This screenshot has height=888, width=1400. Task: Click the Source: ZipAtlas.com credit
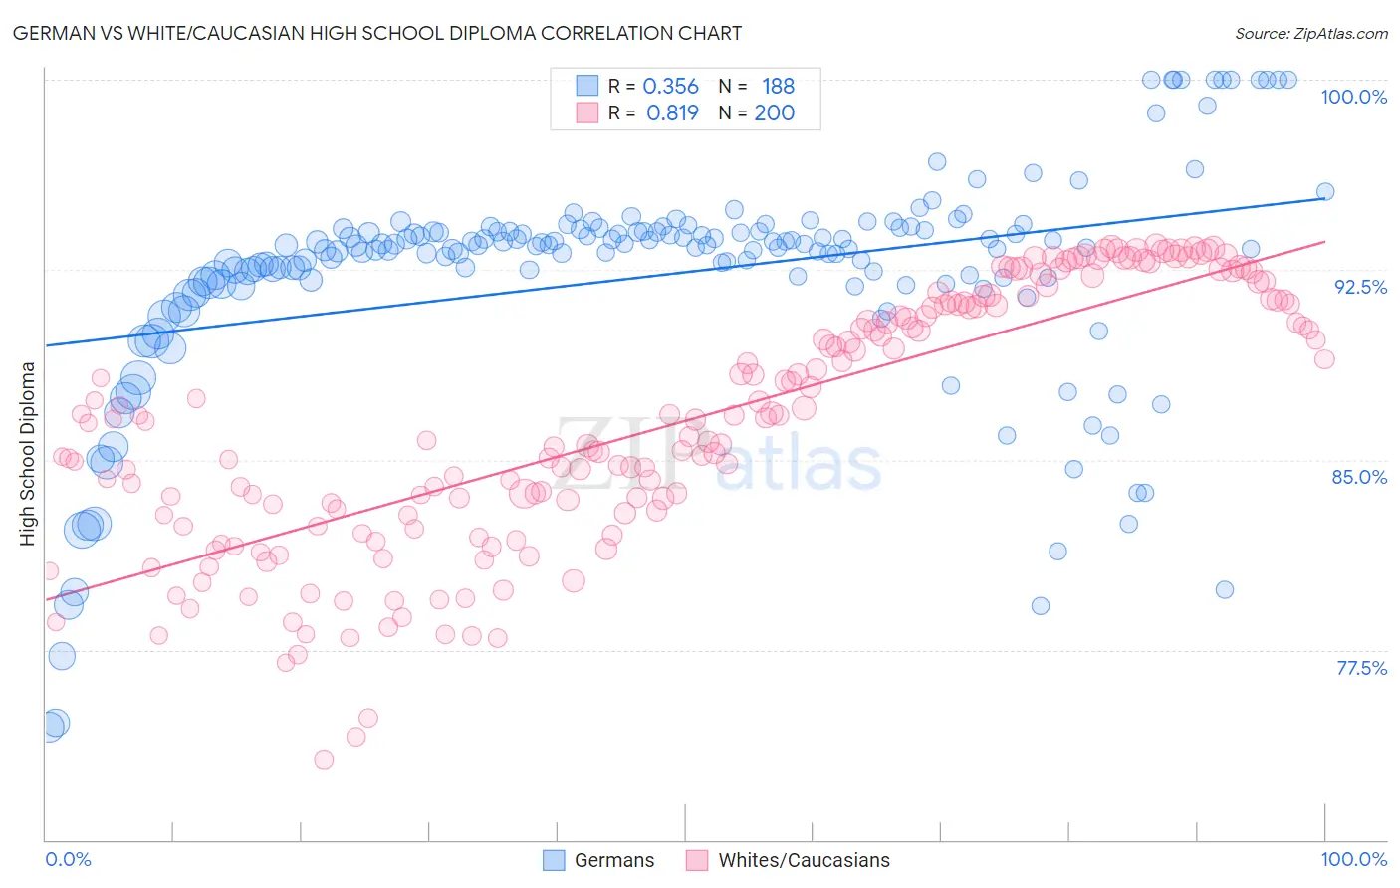[1310, 33]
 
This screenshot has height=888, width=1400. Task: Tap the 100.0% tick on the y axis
[1353, 97]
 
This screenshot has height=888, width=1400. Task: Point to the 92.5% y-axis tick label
[1360, 287]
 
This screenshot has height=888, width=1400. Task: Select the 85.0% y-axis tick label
[1359, 477]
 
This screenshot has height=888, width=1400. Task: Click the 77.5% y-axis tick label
[1361, 668]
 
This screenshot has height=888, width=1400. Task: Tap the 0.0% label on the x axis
[69, 859]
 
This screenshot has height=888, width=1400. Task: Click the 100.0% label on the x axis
[1353, 859]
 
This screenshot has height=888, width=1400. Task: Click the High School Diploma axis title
[28, 453]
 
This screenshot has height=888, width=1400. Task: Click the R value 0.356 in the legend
[671, 87]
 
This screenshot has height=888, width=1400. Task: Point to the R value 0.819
[672, 113]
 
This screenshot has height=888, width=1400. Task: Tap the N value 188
[778, 87]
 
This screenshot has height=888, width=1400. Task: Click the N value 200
[774, 113]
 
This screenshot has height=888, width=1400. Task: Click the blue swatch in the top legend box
[587, 86]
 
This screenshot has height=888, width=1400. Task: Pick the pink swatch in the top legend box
[587, 112]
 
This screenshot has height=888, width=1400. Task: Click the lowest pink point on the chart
[324, 760]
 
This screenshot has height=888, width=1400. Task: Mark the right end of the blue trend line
[1324, 198]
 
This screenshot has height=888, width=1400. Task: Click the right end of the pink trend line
[1324, 241]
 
